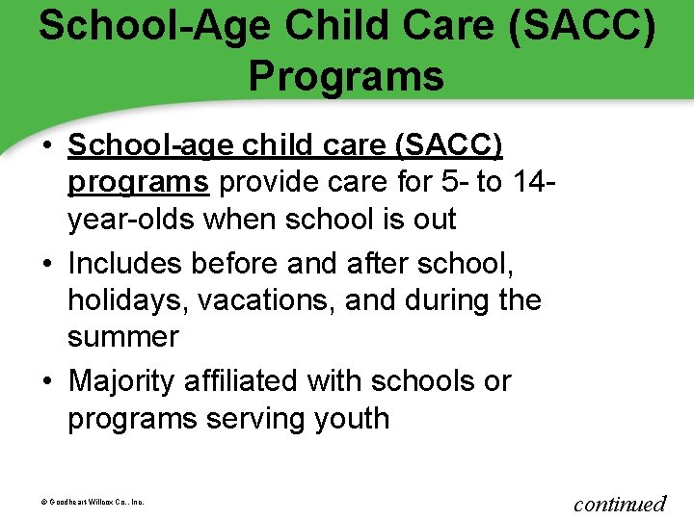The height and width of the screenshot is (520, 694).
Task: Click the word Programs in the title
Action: pyautogui.click(x=346, y=76)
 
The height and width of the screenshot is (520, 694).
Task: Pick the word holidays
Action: pyautogui.click(x=127, y=300)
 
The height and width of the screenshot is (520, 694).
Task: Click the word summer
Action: pyautogui.click(x=123, y=337)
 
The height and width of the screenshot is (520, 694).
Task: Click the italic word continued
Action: pyautogui.click(x=620, y=503)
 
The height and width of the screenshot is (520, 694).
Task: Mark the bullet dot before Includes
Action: pyautogui.click(x=46, y=264)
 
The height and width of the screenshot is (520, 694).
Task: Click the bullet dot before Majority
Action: pyautogui.click(x=46, y=381)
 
